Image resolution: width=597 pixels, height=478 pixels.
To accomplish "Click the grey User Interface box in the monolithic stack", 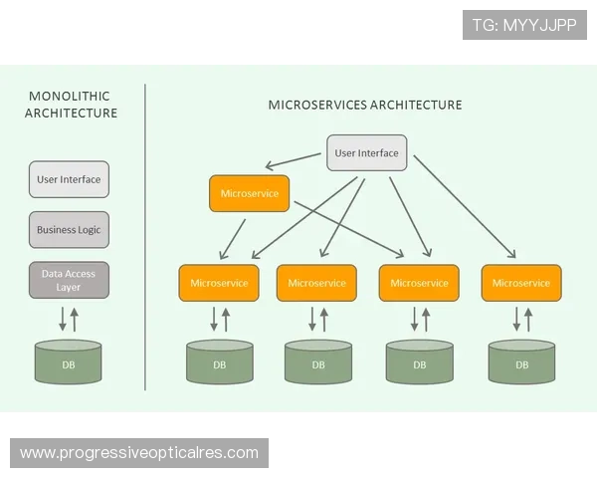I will click(69, 180).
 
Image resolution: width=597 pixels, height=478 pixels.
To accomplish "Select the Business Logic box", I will click(69, 230).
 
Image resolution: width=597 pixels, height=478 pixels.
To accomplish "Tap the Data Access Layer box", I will click(69, 280).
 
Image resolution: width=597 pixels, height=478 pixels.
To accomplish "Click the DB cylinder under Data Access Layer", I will click(69, 362).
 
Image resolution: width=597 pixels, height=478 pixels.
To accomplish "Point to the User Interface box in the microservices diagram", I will click(366, 153).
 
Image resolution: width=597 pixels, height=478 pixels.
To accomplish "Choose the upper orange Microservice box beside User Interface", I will click(249, 193).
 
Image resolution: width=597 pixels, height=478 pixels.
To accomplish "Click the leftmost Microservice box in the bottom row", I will click(219, 283).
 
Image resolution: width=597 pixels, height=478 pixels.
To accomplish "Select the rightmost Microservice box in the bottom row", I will click(520, 283).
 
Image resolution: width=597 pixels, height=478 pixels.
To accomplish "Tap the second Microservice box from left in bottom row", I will click(316, 283).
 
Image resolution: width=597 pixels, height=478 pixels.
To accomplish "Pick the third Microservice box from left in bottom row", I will click(419, 283).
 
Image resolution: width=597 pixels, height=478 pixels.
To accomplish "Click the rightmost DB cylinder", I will click(521, 362).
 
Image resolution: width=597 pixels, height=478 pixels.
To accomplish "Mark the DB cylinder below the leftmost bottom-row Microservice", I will click(219, 362).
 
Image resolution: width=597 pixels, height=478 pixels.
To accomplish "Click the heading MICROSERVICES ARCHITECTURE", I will click(365, 105).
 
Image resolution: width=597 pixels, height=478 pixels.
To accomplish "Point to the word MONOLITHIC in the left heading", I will click(70, 97).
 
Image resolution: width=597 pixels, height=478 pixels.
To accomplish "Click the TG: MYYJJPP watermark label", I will click(525, 24).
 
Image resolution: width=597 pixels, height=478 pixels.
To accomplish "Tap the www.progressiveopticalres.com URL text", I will click(139, 453).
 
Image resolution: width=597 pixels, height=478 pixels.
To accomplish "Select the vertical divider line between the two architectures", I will click(145, 239).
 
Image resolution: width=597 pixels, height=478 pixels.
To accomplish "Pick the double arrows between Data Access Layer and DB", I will click(69, 319).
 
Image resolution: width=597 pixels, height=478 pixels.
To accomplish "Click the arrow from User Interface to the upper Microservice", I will click(297, 160).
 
